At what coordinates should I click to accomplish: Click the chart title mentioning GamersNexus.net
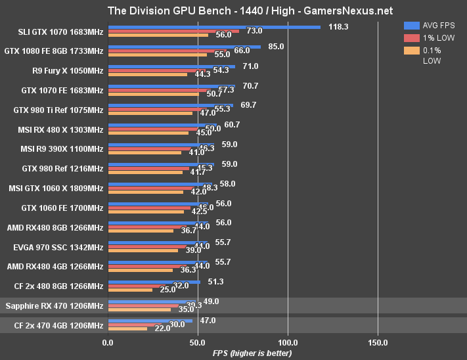pyautogui.click(x=233, y=11)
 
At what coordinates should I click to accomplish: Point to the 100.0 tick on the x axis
pyautogui.click(x=288, y=342)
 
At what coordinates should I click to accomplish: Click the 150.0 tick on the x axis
pyautogui.click(x=378, y=342)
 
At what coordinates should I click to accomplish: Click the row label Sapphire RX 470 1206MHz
pyautogui.click(x=54, y=305)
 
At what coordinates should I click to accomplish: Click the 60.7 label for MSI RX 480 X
pyautogui.click(x=232, y=125)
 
